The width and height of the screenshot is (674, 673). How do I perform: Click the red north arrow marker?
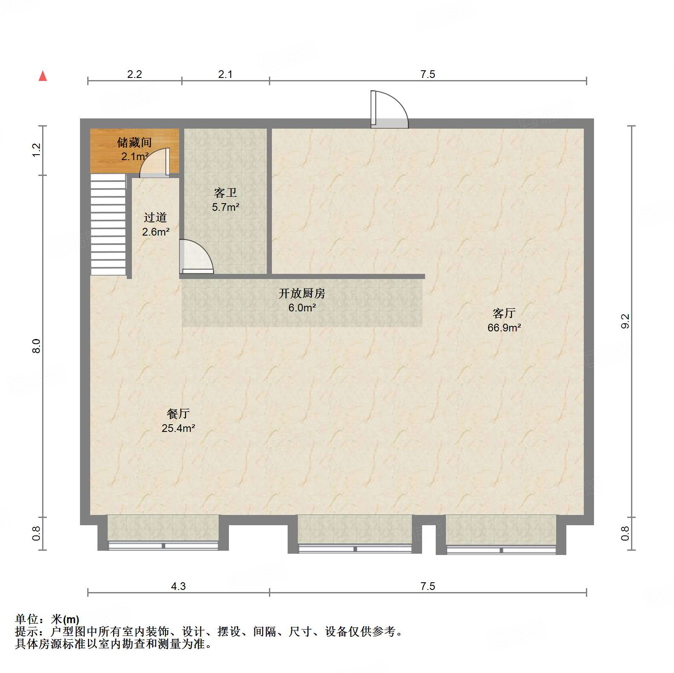[x=43, y=76]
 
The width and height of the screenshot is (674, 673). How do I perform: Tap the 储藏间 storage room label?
[x=134, y=142]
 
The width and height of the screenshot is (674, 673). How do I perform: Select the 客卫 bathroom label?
[x=226, y=193]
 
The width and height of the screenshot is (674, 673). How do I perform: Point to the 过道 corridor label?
[x=155, y=218]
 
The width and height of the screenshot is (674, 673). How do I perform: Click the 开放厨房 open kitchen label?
[x=302, y=293]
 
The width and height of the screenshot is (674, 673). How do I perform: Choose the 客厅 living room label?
[x=504, y=313]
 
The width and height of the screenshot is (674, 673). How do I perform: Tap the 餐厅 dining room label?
[x=178, y=414]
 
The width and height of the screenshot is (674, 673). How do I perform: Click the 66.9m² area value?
[x=504, y=328]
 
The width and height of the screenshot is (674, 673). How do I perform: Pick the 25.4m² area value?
[x=178, y=428]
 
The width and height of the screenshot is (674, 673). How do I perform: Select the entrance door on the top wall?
[x=388, y=110]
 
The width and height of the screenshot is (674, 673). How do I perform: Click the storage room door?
[x=156, y=163]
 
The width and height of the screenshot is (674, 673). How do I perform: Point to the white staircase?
[x=109, y=224]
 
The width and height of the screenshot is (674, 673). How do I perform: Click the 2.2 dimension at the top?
[x=134, y=74]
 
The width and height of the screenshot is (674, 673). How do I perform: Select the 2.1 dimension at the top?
[x=226, y=74]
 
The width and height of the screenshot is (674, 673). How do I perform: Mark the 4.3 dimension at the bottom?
[x=178, y=586]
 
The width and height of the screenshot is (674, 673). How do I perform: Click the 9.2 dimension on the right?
[x=625, y=321]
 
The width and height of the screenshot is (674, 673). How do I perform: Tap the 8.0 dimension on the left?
[x=37, y=346]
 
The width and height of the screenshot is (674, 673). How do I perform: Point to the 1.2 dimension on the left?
[x=37, y=150]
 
